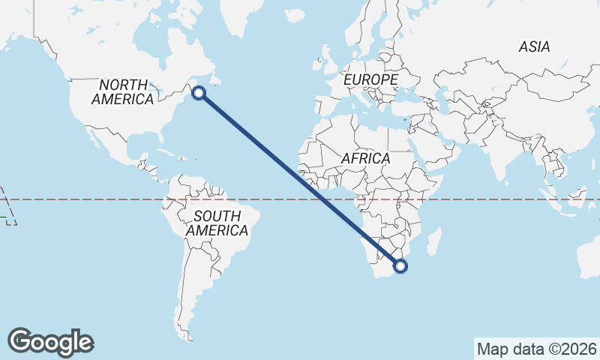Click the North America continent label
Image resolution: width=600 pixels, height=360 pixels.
pos(122,91)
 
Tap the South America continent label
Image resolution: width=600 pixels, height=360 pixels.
pos(217,223)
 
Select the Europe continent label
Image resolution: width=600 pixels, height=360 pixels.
pos(370,79)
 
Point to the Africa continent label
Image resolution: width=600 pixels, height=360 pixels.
pos(365,159)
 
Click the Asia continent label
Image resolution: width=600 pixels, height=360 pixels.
pos(534,46)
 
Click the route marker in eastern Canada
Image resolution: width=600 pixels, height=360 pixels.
pos(199,93)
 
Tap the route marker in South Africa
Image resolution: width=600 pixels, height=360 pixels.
pos(400,265)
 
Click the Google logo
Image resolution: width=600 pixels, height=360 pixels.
pos(50,342)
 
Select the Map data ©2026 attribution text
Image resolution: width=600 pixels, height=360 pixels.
pos(536,349)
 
